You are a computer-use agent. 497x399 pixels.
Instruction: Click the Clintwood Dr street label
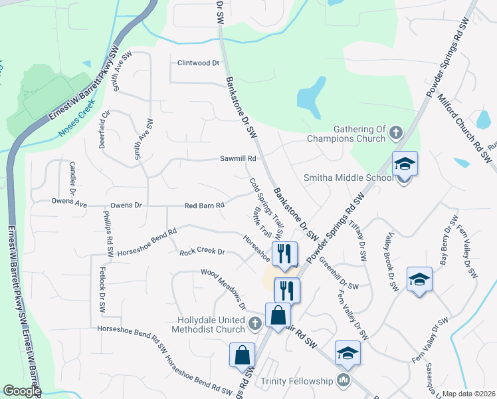(198, 63)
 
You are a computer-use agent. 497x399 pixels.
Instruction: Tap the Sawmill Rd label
(239, 159)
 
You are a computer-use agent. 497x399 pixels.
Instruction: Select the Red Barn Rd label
(204, 206)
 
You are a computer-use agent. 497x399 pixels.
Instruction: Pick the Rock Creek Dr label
(203, 253)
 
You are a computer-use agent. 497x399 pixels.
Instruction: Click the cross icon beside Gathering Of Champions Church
(395, 133)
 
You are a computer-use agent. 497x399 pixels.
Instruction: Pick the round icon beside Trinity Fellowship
(344, 381)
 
